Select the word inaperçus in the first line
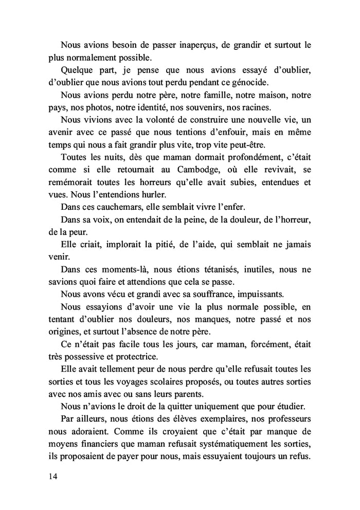[x=197, y=45]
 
